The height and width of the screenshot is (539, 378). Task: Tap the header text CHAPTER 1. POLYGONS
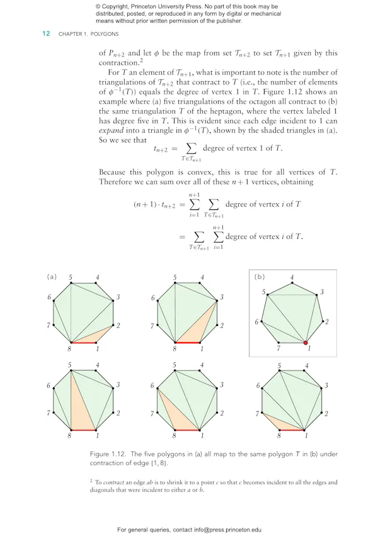[88, 33]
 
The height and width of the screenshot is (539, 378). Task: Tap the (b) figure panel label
[259, 277]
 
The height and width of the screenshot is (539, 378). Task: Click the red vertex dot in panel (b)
[306, 343]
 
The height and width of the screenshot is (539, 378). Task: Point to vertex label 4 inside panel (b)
[292, 277]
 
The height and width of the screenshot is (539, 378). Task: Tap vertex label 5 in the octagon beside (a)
[71, 277]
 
